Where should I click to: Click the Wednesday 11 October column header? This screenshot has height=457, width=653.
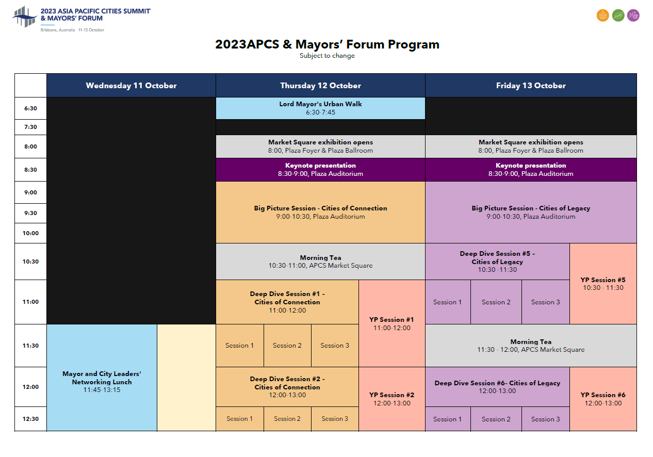click(x=131, y=86)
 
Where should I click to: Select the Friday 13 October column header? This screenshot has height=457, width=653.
click(x=531, y=86)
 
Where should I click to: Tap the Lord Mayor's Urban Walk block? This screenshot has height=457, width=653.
click(x=320, y=108)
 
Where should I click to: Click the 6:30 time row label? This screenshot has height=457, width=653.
click(x=30, y=109)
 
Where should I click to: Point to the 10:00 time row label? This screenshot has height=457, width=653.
click(x=30, y=233)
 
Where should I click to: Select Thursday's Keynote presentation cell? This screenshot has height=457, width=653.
click(x=320, y=170)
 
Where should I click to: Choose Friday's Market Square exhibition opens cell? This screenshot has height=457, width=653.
click(x=531, y=146)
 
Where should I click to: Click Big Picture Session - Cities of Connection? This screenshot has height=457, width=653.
click(x=320, y=212)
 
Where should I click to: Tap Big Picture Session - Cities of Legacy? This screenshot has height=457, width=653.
click(x=531, y=212)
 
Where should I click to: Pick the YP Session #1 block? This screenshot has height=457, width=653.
click(x=391, y=323)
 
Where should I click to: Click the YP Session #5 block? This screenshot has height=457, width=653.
click(x=603, y=284)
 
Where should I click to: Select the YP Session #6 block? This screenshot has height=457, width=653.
click(x=603, y=399)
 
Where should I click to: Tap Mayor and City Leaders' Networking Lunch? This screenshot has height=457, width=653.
click(x=102, y=382)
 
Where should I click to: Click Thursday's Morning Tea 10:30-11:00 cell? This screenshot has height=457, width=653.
click(x=320, y=262)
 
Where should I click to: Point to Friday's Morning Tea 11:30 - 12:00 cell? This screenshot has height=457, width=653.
click(x=531, y=346)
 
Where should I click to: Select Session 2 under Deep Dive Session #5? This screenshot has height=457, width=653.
click(x=496, y=302)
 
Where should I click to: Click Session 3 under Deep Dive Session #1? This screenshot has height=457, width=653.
click(x=335, y=346)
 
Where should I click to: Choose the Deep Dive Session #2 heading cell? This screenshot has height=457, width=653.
click(x=287, y=387)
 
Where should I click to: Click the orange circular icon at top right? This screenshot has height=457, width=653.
click(x=602, y=15)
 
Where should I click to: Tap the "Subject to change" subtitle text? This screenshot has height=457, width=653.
click(x=327, y=56)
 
